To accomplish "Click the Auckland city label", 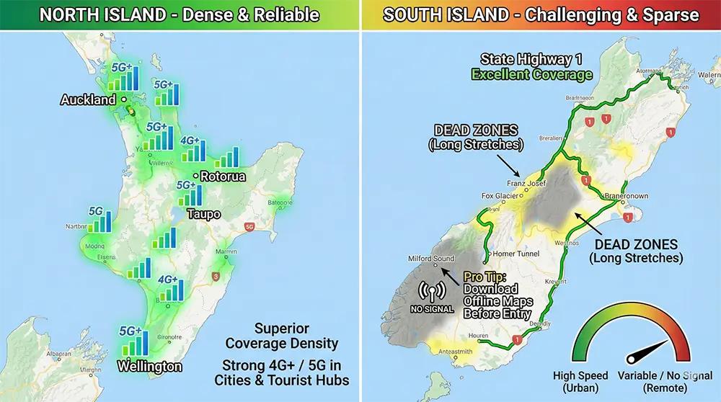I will pos(88,99).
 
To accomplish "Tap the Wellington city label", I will pos(149,366).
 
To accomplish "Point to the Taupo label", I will pos(204,214).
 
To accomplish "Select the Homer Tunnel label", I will pos(519,254).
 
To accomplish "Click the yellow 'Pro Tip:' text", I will pos(486,277).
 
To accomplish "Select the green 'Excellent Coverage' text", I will pos(532,74).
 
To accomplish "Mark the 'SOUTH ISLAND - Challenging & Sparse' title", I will pos(541,14).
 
